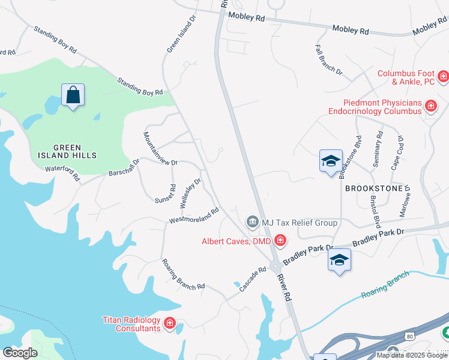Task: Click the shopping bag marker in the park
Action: coord(73,95)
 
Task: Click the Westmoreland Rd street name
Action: coord(194,217)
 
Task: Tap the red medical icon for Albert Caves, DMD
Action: coord(280,241)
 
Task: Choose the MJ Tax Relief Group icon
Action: coord(253,223)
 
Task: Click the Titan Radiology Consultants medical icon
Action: coord(170,325)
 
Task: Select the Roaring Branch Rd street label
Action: coord(183,274)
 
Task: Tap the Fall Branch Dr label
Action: coord(329,59)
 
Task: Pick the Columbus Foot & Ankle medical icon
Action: coord(444,77)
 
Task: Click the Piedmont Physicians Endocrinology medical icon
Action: coord(430,107)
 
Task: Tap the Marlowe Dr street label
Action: coord(406,201)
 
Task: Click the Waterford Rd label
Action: coord(62,173)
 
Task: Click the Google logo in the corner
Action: coord(20,352)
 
